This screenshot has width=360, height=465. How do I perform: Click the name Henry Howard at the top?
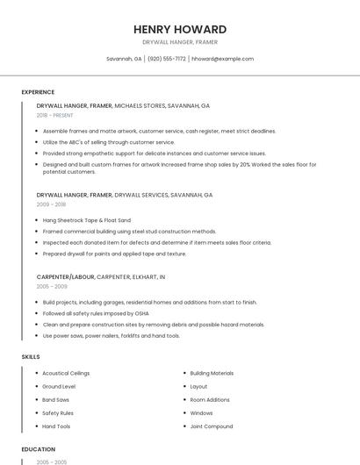pos(179,29)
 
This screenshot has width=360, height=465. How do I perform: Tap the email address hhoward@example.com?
pos(222,59)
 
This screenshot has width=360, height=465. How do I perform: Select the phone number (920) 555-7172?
pos(166,59)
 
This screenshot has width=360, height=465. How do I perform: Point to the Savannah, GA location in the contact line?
pos(124,59)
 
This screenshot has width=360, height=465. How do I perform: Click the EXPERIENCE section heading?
pos(38,92)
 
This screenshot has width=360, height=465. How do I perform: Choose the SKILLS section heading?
pos(31,357)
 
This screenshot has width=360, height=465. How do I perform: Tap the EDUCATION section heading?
pos(39,448)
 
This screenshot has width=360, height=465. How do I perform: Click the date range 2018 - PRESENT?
pos(55,115)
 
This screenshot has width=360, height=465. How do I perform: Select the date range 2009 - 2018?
pos(51,204)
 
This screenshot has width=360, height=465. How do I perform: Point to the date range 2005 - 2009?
pos(52,286)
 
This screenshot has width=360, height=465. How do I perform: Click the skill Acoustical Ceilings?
pos(66,373)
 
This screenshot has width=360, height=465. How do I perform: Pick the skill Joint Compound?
pos(212,426)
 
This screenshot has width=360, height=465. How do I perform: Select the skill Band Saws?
pos(56,399)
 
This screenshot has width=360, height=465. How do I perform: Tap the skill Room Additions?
pos(210,399)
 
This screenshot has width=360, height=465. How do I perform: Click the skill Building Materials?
pos(212,373)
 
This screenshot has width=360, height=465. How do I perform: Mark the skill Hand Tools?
pos(56,426)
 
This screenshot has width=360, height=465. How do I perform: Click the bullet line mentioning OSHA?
pos(96,313)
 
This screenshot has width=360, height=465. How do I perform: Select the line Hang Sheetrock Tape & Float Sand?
pos(87,220)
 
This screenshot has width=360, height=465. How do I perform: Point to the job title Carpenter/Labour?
pos(65,276)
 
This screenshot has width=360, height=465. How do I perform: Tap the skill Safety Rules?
pos(58,412)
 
